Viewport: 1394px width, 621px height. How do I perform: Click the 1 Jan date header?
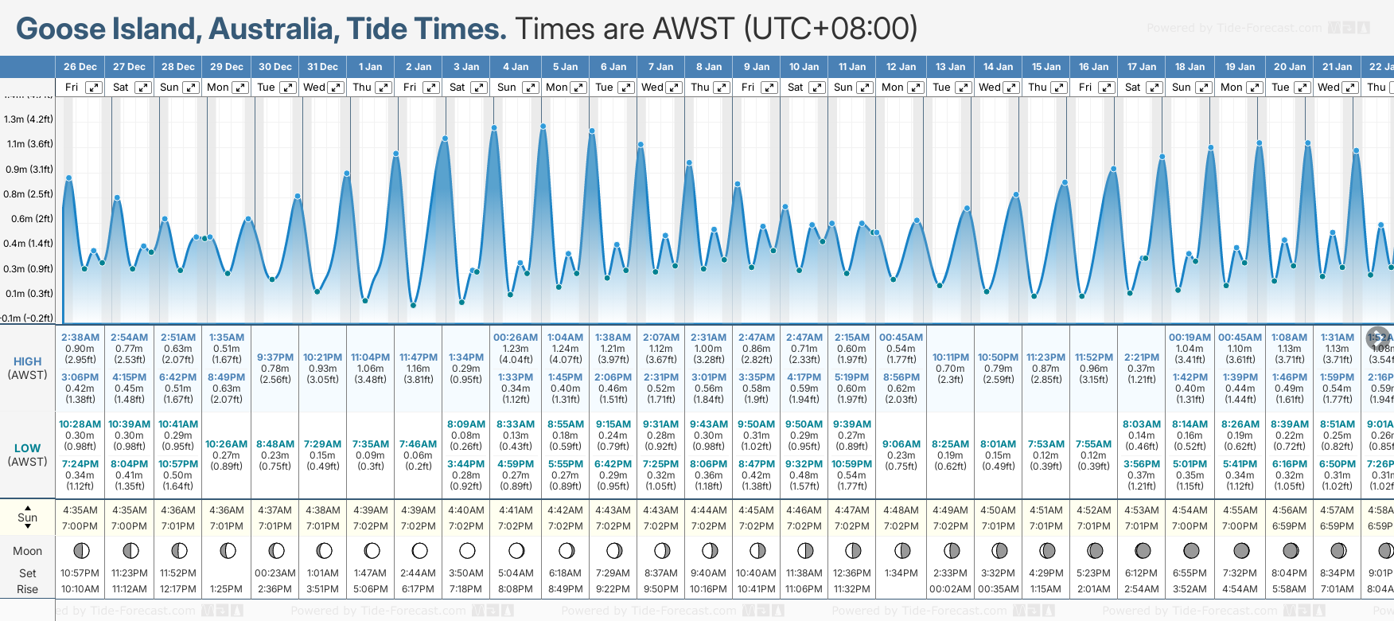pos(370,67)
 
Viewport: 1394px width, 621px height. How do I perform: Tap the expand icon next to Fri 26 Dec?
pos(94,88)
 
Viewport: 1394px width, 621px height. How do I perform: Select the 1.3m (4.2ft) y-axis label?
pos(28,119)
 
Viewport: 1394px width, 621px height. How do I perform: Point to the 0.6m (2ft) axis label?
pos(28,219)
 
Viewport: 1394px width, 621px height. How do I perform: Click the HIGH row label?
pos(27,361)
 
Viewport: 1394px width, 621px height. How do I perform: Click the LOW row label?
pos(27,448)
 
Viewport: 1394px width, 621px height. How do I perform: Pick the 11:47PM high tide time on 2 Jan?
pos(419,357)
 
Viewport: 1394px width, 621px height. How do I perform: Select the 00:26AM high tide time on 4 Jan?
pos(516,338)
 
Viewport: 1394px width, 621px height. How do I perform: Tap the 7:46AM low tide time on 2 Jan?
pos(419,444)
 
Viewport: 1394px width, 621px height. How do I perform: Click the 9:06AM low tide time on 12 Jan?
pos(901,444)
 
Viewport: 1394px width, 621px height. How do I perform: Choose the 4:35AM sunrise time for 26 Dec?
pos(80,510)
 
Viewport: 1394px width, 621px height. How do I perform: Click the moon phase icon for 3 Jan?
pos(467,550)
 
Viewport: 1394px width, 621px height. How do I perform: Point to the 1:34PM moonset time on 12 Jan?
pos(901,573)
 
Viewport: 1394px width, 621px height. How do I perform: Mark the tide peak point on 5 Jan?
pos(543,126)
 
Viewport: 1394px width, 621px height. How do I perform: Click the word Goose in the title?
pos(60,29)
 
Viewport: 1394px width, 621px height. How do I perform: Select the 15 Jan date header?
pos(1046,67)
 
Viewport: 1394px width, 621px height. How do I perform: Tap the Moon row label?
pos(27,551)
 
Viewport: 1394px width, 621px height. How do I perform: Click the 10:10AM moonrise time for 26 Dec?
pos(80,589)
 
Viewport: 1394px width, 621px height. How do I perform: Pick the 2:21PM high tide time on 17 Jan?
pos(1142,357)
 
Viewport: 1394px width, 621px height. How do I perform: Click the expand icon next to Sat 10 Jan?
pos(817,88)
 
